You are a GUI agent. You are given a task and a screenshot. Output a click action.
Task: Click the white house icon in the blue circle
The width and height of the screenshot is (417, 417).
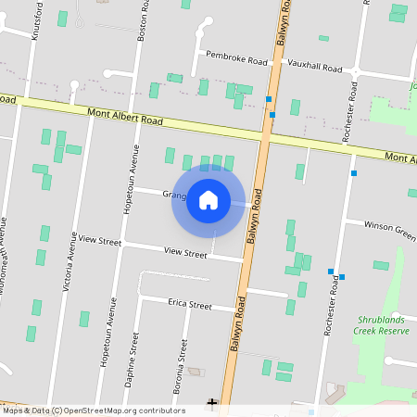[x=208, y=200]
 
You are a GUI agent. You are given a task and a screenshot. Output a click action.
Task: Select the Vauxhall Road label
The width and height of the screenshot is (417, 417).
[x=315, y=67]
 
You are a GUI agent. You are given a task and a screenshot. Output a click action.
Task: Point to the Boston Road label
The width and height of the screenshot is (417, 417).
[x=142, y=20]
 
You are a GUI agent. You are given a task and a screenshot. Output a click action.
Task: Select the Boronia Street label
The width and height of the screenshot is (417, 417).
[x=183, y=361]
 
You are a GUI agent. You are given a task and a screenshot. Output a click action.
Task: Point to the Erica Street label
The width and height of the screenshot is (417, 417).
[x=190, y=305]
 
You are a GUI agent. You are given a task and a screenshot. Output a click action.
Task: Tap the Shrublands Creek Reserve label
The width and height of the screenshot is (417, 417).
[x=383, y=324]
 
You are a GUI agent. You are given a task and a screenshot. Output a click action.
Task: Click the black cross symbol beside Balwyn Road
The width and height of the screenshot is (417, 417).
[x=212, y=403]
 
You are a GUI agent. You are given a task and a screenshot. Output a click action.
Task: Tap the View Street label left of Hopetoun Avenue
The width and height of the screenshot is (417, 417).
[x=99, y=241]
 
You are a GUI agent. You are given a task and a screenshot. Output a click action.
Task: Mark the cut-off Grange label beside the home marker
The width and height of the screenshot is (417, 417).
[x=174, y=196]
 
